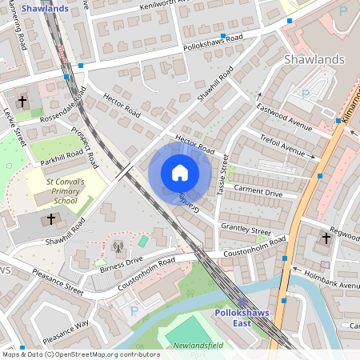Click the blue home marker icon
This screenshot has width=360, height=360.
tap(180, 173)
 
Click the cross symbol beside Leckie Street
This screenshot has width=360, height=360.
tap(22, 102)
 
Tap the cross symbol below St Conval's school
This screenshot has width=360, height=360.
tap(52, 218)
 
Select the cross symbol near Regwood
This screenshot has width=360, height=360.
tap(326, 238)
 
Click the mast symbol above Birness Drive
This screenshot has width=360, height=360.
tap(118, 247)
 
